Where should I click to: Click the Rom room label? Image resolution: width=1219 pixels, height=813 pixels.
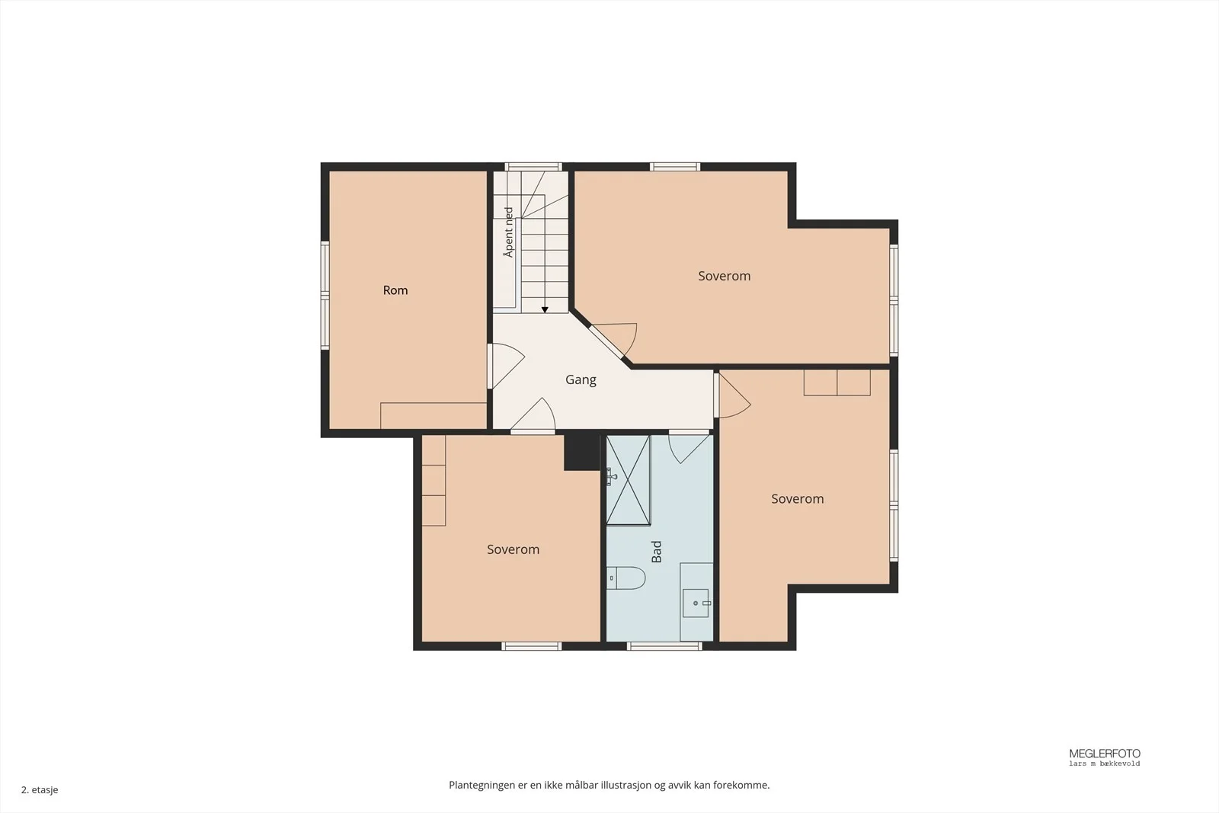pyautogui.click(x=395, y=290)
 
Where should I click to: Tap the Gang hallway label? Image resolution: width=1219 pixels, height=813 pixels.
pyautogui.click(x=581, y=380)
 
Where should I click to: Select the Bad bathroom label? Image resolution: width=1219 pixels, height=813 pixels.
pyautogui.click(x=657, y=551)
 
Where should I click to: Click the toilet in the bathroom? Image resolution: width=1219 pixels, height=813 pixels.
pyautogui.click(x=625, y=578)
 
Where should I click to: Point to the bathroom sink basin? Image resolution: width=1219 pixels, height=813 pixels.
pyautogui.click(x=696, y=603)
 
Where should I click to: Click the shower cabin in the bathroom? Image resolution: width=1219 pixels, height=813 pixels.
pyautogui.click(x=629, y=480)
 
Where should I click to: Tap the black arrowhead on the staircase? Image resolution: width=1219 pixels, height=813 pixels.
pyautogui.click(x=545, y=309)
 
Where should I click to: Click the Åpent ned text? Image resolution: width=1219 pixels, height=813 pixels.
pyautogui.click(x=508, y=232)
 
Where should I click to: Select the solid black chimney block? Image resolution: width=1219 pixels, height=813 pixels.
pyautogui.click(x=582, y=452)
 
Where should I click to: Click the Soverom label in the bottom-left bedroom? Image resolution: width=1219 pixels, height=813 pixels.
pyautogui.click(x=514, y=549)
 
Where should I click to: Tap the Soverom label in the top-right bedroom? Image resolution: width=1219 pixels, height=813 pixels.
pyautogui.click(x=725, y=276)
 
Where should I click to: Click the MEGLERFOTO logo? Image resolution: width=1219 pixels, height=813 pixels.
pyautogui.click(x=1104, y=757)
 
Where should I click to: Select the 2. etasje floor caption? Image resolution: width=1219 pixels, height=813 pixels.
pyautogui.click(x=40, y=789)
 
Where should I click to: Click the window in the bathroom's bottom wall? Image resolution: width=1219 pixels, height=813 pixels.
pyautogui.click(x=664, y=646)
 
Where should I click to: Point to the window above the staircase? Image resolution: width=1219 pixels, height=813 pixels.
pyautogui.click(x=533, y=167)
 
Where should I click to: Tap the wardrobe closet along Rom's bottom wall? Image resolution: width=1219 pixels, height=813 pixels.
pyautogui.click(x=434, y=416)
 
